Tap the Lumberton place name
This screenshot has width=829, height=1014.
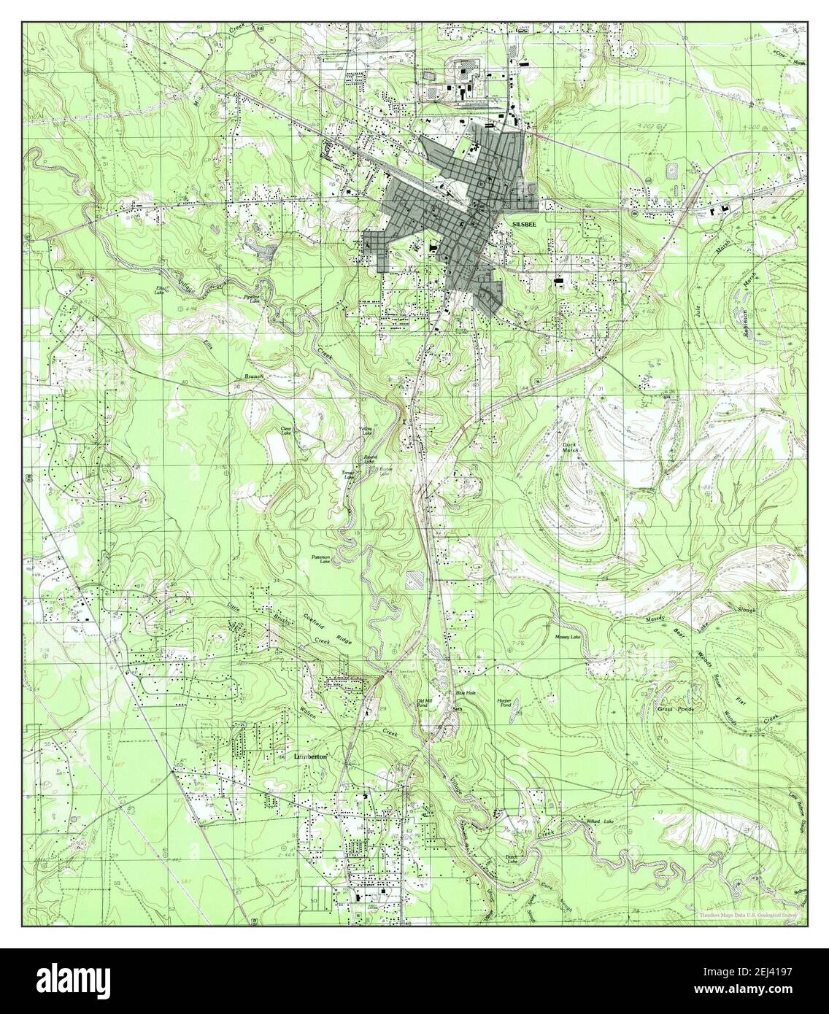point(309,757)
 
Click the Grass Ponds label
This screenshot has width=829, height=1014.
point(675,708)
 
